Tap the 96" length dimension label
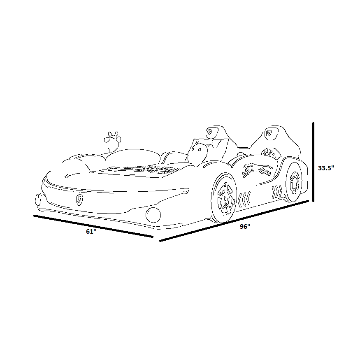[x=245, y=226]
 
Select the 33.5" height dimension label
[x=326, y=168]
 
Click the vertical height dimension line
[x=313, y=162]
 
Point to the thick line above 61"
[x=93, y=226]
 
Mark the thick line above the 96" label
[x=234, y=221]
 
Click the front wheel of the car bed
[x=224, y=197]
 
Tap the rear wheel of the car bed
[x=294, y=182]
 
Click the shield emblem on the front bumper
[x=80, y=200]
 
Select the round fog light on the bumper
[x=153, y=215]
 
